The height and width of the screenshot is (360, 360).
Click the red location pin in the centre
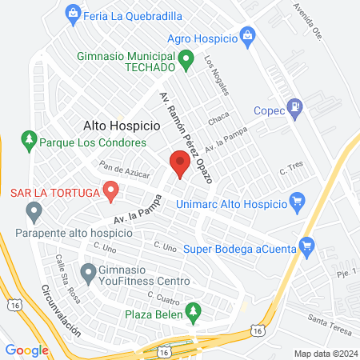(x=180, y=163)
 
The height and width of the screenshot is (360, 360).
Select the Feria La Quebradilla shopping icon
(x=74, y=13)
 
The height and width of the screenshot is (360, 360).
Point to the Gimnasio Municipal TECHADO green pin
(x=186, y=58)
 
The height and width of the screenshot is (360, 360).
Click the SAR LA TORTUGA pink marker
(x=111, y=191)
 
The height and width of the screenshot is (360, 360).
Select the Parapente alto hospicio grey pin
(x=34, y=212)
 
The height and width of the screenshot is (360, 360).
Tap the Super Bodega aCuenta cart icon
(x=305, y=247)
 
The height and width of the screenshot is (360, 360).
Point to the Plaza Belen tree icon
(x=191, y=310)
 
